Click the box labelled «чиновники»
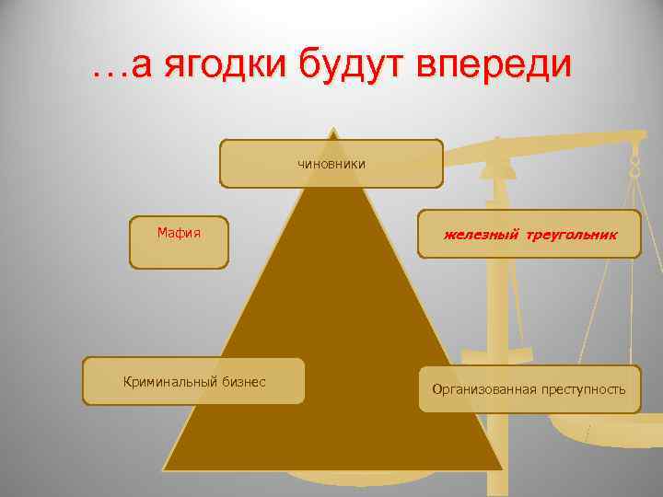click(331, 164)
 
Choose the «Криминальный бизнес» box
click(193, 381)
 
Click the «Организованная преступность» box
click(529, 388)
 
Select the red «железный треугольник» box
click(529, 235)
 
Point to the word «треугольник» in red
click(572, 236)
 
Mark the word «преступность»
click(583, 389)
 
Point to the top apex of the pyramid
click(332, 128)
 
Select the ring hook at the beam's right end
click(634, 166)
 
